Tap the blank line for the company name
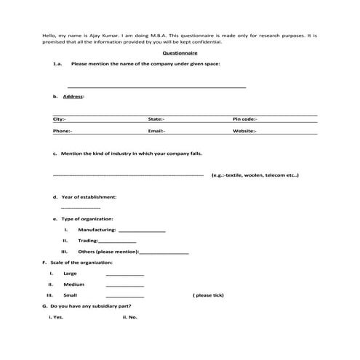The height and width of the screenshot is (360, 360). point(156,86)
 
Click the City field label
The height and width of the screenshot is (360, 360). point(60,119)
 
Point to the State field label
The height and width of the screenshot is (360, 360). point(156,119)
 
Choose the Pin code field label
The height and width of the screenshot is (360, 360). point(245,119)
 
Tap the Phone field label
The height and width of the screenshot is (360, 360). point(63,131)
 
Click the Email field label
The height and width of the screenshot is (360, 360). point(156,131)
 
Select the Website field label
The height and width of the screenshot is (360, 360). point(244,131)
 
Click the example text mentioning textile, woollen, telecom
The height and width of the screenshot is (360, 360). point(255,175)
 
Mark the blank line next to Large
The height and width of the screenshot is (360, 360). point(124,274)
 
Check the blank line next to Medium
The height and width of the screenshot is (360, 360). point(124,285)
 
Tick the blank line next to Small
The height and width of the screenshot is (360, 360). point(124,297)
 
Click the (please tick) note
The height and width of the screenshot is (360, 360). point(209,296)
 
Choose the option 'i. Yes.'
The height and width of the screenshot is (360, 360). point(56,318)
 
